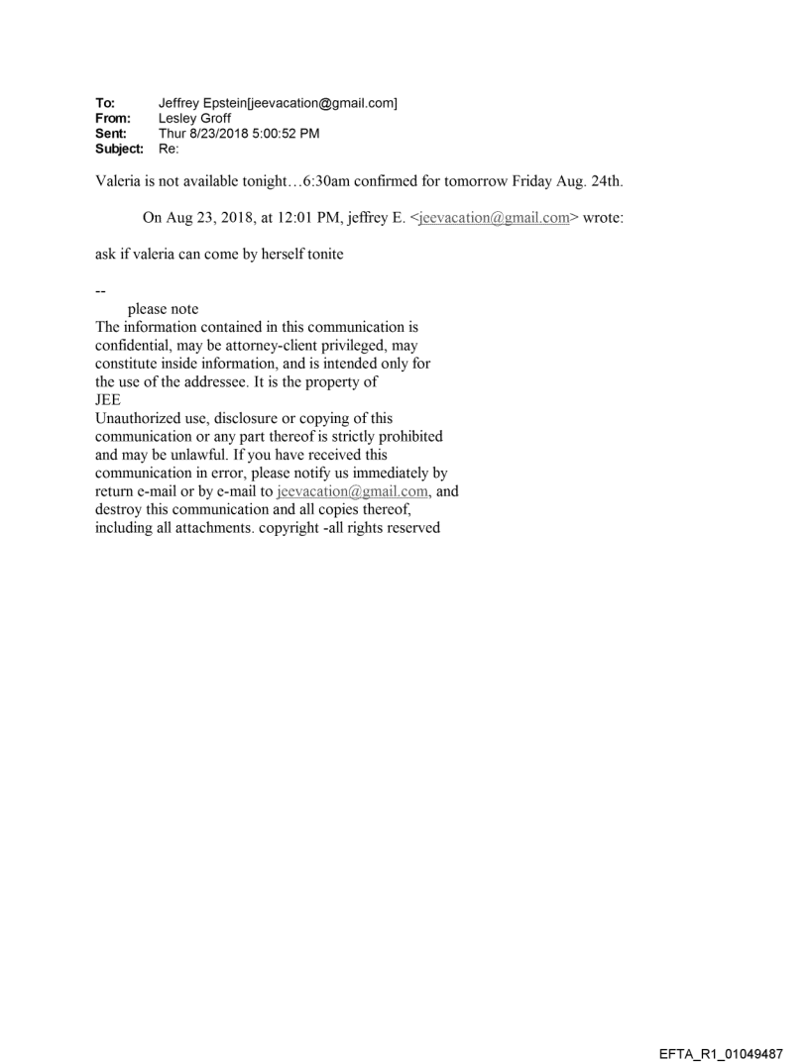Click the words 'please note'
pyautogui.click(x=164, y=309)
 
